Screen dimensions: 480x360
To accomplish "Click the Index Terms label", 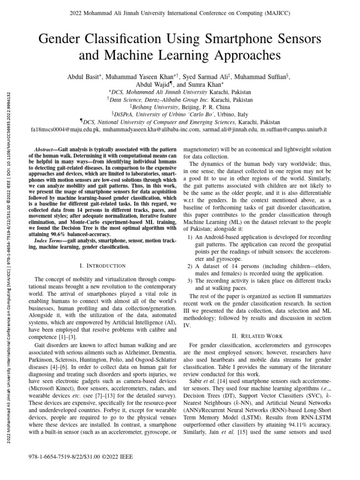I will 51,241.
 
